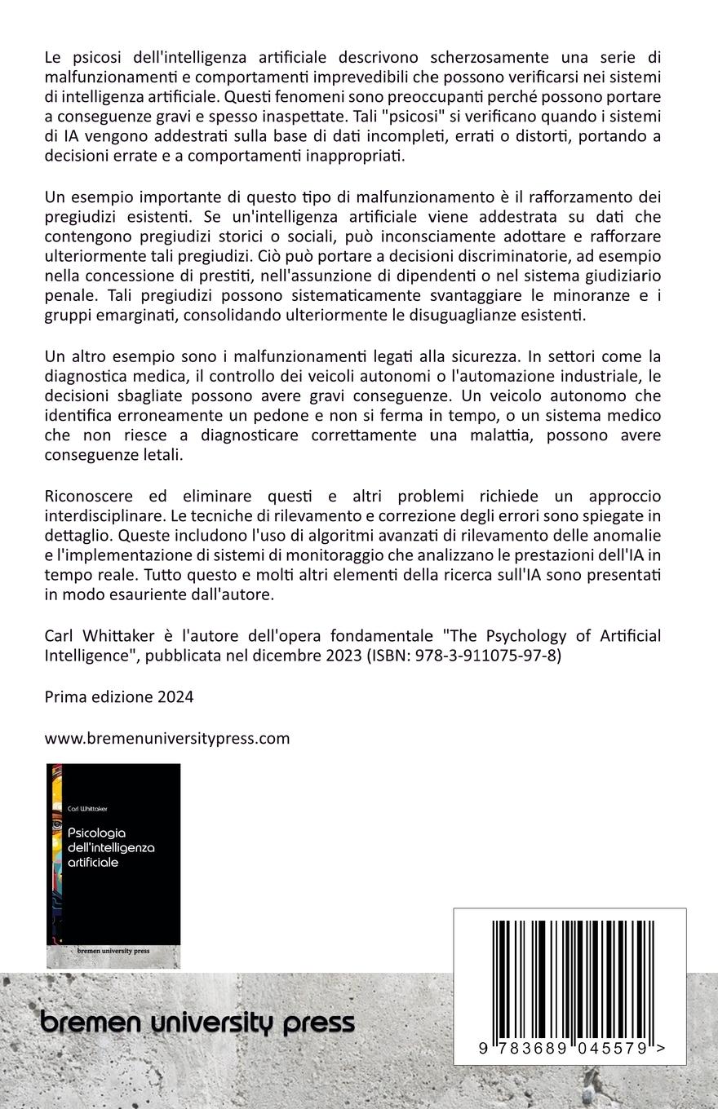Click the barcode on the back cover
(x=570, y=979)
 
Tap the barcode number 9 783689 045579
(x=564, y=1049)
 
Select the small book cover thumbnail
(x=113, y=865)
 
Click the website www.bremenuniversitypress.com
(x=167, y=738)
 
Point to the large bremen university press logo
(x=197, y=1023)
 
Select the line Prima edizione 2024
(x=119, y=696)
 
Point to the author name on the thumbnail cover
(x=87, y=809)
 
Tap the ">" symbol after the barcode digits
(x=660, y=1049)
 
